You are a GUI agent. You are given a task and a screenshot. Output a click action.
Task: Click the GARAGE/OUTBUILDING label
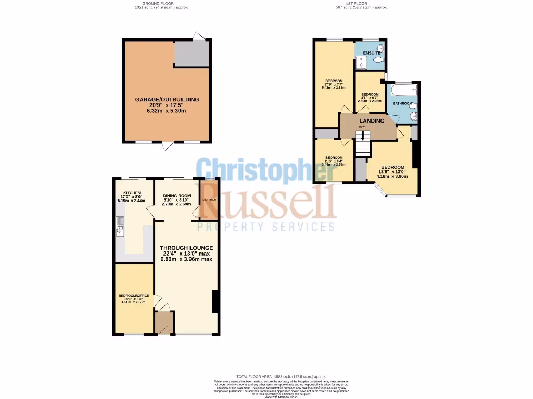[167, 99]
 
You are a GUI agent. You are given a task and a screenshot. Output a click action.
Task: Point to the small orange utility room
[209, 198]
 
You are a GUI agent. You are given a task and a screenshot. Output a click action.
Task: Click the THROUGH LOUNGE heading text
[186, 248]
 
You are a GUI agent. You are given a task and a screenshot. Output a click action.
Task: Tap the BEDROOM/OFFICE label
[133, 296]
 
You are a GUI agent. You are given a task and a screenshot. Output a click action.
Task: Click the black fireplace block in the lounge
[214, 302]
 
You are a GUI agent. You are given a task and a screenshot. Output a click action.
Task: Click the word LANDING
[372, 121]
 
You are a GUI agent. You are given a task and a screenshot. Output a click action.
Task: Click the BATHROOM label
[402, 104]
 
